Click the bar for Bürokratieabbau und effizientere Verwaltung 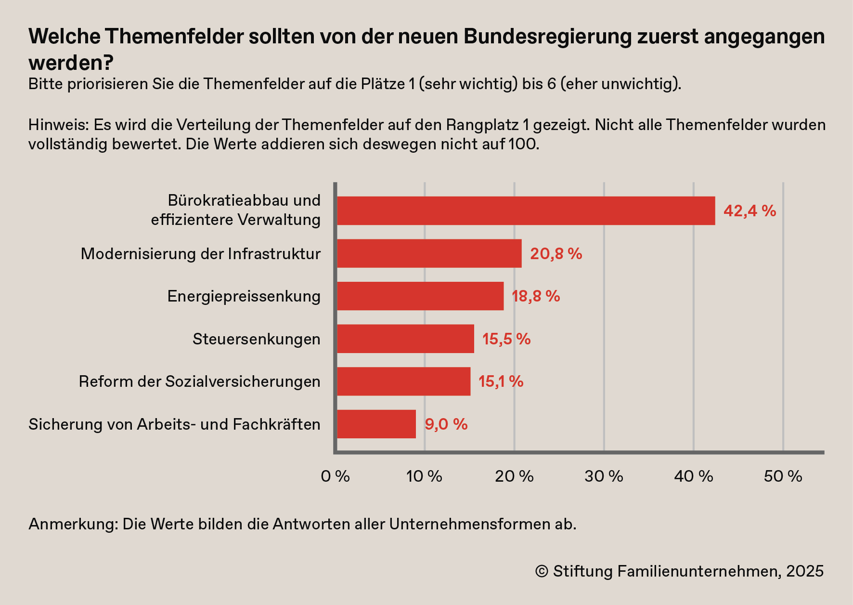point(526,211)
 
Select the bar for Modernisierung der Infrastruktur point(429,253)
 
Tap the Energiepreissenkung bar point(420,296)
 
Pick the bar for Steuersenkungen point(405,339)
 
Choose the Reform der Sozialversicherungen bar point(403,381)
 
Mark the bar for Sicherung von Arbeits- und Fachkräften point(376,424)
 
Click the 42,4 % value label point(750,211)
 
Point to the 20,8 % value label point(556,254)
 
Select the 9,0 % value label point(446,424)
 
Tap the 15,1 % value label point(501,381)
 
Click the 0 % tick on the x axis point(335,476)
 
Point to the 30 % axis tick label point(604,476)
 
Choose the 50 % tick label point(783,476)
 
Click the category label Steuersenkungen point(256,339)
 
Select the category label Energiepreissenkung point(244,296)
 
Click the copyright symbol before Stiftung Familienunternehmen point(542,572)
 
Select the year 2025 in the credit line point(805,571)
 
